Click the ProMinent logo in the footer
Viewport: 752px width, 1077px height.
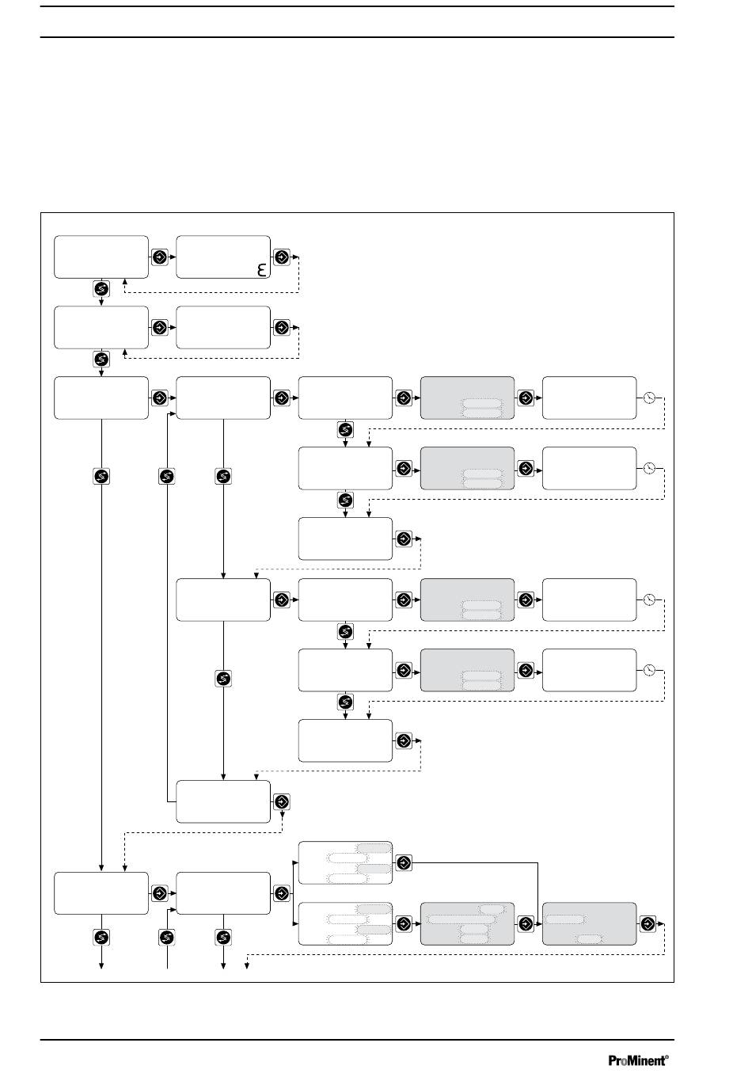coord(638,1060)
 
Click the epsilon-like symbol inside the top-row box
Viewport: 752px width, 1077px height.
coord(262,270)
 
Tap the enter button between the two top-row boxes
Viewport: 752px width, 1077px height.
coord(160,257)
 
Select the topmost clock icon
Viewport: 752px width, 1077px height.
coord(649,398)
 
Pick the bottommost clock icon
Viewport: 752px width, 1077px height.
coord(649,670)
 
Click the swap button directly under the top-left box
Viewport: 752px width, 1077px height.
coord(101,288)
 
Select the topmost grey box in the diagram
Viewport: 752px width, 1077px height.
coord(467,398)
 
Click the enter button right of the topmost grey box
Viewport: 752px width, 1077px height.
coord(526,398)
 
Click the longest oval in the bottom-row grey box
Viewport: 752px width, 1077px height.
coord(461,919)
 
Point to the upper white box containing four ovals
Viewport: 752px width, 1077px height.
coord(345,862)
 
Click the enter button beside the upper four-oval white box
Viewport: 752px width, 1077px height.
coord(404,862)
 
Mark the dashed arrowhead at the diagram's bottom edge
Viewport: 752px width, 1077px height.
coord(247,965)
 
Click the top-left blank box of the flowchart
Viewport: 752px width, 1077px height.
coord(101,257)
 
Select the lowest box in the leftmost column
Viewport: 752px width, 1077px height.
coord(101,892)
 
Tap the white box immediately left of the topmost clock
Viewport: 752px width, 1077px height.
coord(589,398)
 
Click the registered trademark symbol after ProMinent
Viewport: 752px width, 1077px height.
coord(667,1056)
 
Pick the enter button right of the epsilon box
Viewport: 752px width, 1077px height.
coord(282,257)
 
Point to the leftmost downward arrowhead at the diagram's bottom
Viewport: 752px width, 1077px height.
coord(101,965)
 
